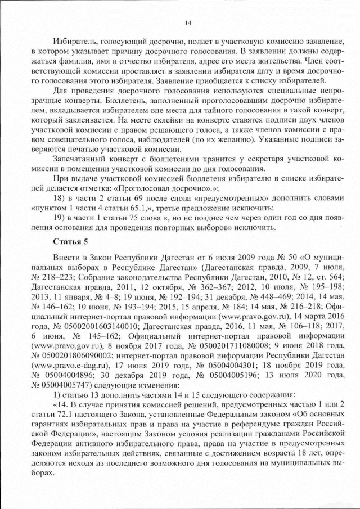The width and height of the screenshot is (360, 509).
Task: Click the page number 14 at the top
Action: pyautogui.click(x=188, y=22)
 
